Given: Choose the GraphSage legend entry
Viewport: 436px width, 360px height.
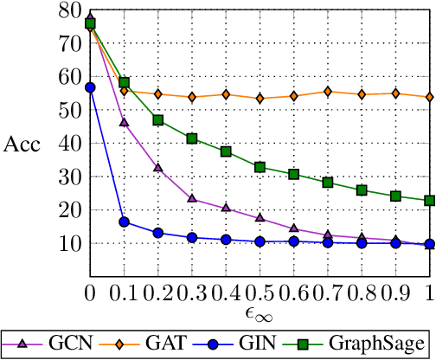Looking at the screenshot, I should coord(367,344).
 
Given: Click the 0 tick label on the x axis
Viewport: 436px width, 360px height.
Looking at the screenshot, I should coord(90,286).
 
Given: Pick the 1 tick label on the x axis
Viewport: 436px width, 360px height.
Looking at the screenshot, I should coord(429,286).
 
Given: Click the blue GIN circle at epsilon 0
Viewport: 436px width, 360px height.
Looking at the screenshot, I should coord(90,87).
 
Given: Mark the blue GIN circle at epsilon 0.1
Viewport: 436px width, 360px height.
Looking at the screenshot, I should coord(124,222).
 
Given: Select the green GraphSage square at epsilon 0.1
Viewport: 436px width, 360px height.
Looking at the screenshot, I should coord(124,83).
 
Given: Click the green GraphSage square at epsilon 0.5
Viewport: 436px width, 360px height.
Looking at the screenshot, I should coord(260,167).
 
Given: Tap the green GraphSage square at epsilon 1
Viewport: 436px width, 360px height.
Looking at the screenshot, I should coord(429,200).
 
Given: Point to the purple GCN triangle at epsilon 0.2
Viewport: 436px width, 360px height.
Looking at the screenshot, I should coord(158,168).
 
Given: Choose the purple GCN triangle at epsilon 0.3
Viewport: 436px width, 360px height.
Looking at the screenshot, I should coord(192,198).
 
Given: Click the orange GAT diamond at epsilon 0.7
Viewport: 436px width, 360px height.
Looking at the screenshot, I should coord(328,92).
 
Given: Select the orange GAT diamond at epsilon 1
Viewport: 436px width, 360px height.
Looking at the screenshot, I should coord(429,97).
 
